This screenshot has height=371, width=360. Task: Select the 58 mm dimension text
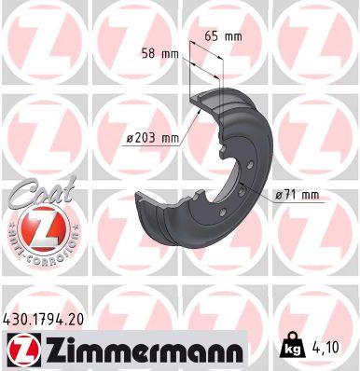159,54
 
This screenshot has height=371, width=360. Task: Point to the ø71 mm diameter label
298,194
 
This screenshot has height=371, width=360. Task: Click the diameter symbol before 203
129,139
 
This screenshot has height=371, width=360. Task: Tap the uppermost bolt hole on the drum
227,150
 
